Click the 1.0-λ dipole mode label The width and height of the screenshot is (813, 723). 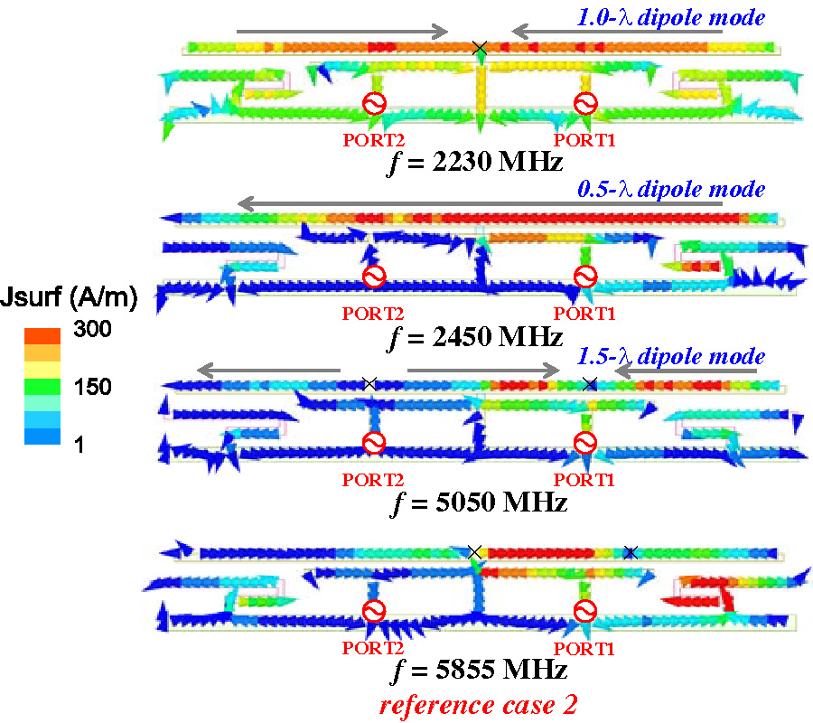coord(671,17)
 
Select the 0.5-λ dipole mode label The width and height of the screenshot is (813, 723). coord(671,190)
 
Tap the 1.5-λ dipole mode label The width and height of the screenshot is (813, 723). coord(671,356)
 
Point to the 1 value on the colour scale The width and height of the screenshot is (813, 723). coord(80,444)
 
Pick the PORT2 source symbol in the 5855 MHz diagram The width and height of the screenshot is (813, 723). coord(373,612)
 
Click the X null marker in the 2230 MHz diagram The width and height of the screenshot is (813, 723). coord(480,46)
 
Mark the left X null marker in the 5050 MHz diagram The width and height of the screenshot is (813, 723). coord(369,384)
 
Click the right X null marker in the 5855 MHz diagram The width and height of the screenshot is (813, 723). coord(631,551)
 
